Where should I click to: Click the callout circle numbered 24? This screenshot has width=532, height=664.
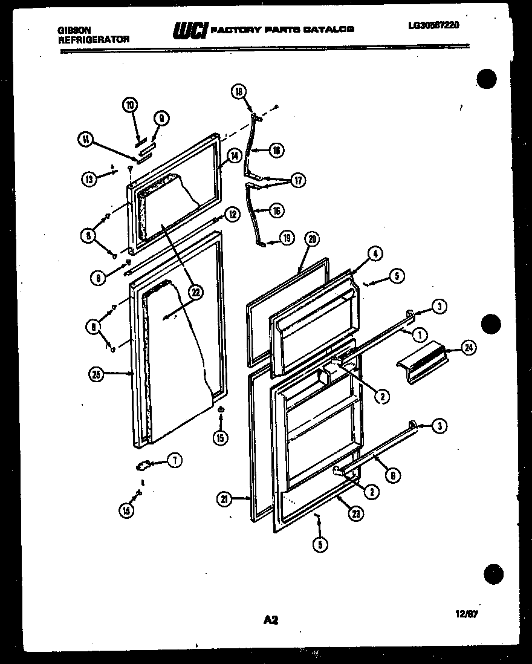click(x=468, y=347)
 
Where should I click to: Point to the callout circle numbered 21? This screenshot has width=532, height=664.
click(x=225, y=499)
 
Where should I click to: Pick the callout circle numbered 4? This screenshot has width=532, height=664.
click(x=375, y=255)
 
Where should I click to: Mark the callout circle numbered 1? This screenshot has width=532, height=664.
click(x=417, y=333)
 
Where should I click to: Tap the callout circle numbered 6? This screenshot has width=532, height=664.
click(x=392, y=475)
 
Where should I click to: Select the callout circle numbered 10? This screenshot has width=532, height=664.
click(x=129, y=105)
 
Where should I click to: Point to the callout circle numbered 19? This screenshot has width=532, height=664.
click(x=287, y=238)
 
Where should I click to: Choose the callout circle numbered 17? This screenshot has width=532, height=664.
click(x=297, y=180)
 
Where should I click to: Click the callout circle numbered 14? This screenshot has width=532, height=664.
click(x=233, y=155)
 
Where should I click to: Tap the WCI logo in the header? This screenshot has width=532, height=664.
click(x=190, y=30)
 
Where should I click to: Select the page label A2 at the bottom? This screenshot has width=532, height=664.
click(x=270, y=619)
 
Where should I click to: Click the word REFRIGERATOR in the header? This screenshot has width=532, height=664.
click(x=94, y=39)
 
